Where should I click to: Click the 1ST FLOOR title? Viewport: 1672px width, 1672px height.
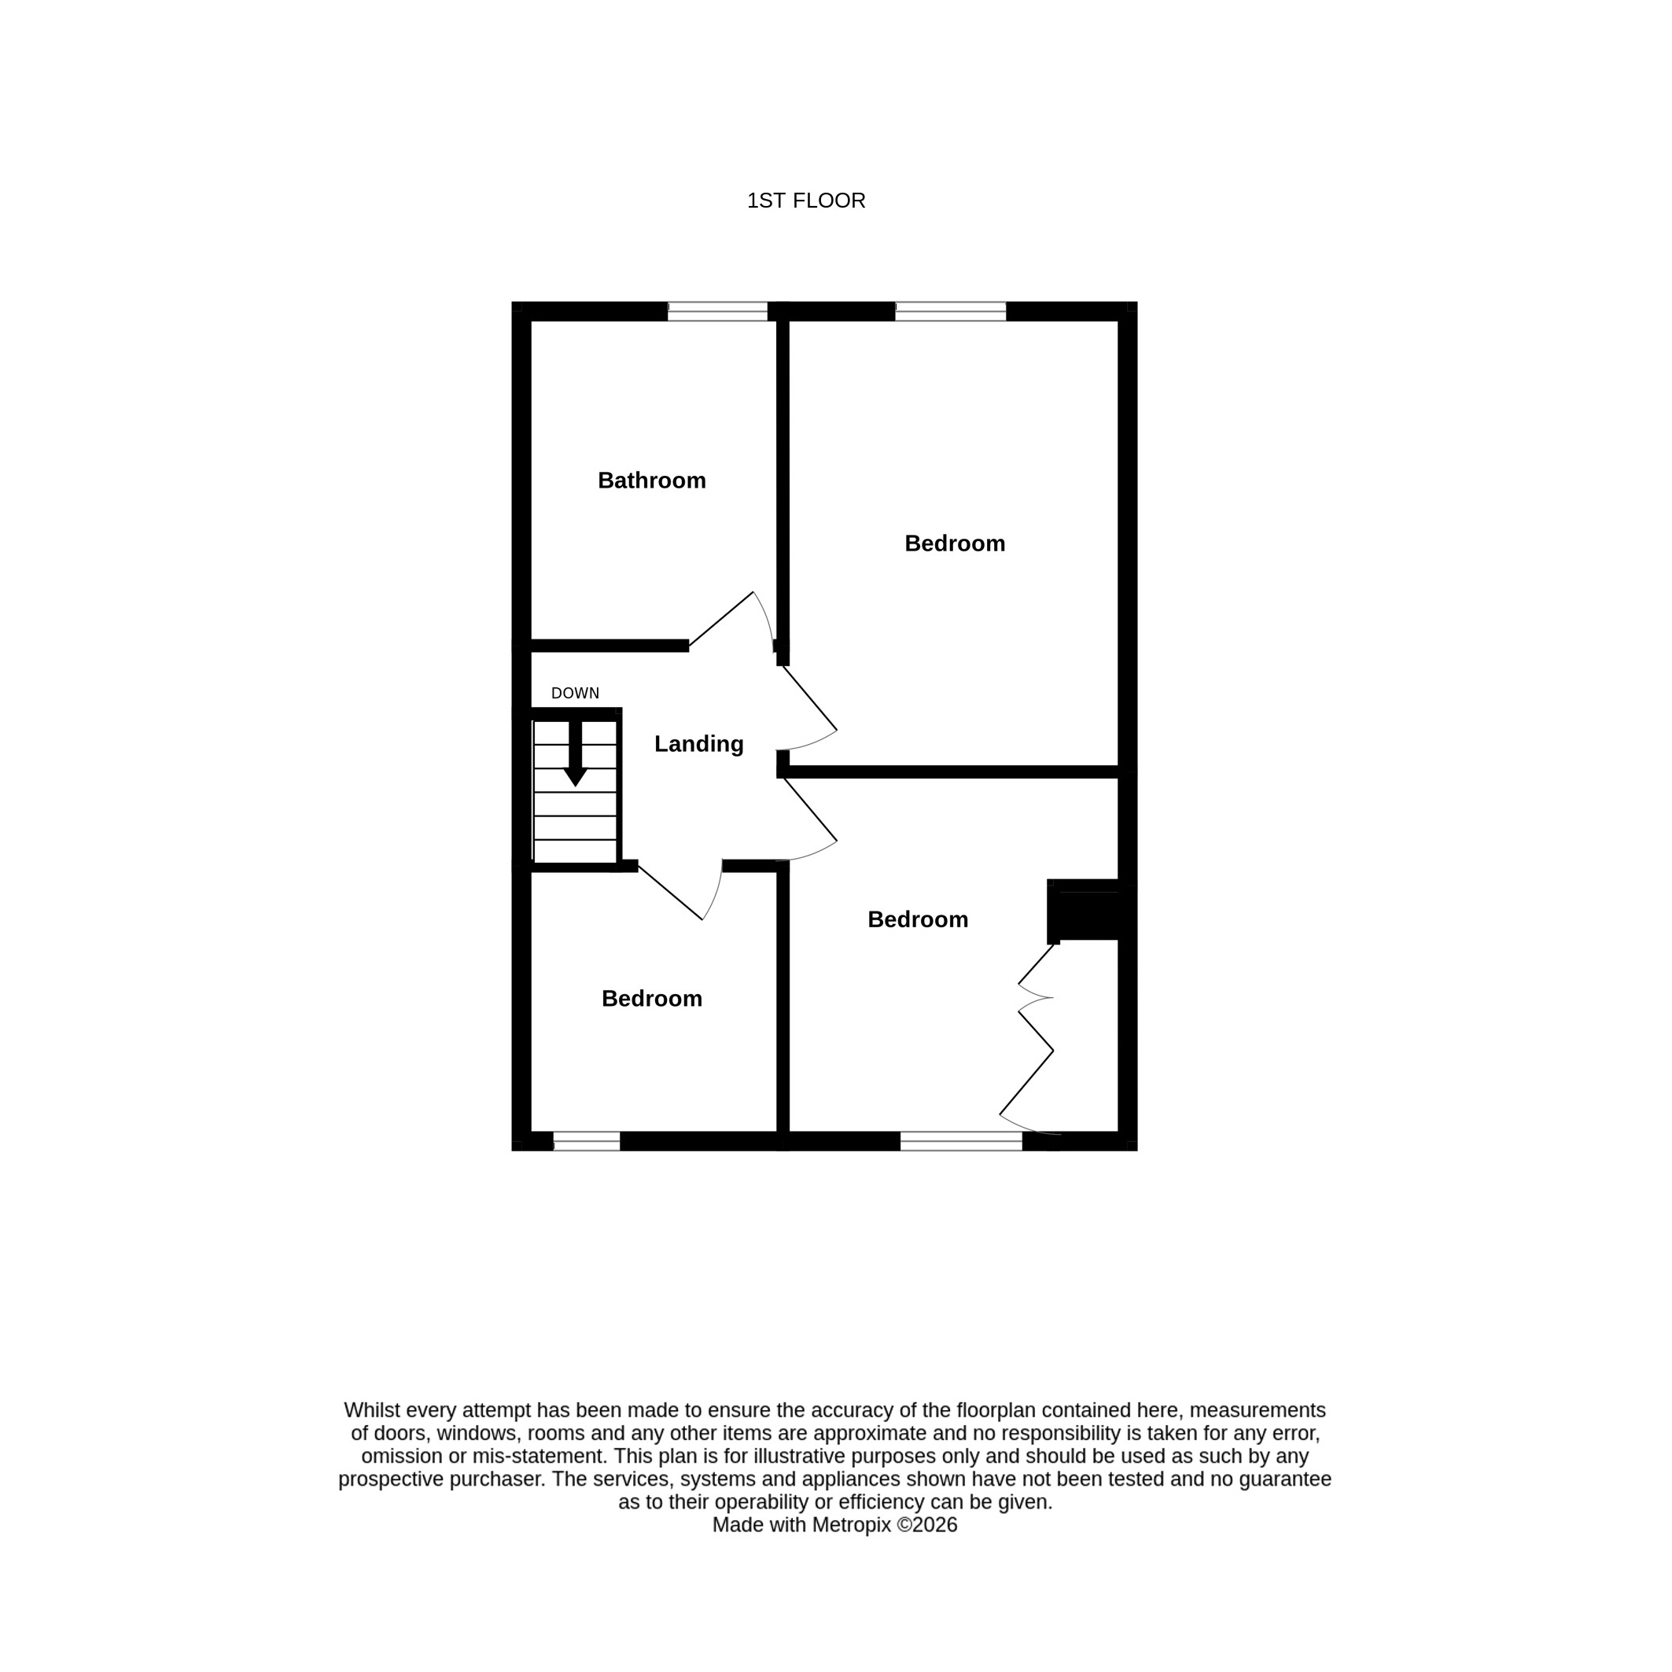[805, 201]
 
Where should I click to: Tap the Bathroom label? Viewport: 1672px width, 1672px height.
[652, 481]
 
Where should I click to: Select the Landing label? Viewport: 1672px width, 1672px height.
[698, 744]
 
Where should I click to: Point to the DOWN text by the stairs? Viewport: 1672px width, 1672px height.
[576, 693]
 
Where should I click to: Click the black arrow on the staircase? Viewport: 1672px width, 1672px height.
[576, 753]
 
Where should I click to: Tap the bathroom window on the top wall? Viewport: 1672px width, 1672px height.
[717, 311]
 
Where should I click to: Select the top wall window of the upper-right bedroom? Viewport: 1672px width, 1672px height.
[950, 311]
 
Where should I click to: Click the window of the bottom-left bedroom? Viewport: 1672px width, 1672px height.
[587, 1141]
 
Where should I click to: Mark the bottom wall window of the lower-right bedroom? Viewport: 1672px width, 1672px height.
[962, 1141]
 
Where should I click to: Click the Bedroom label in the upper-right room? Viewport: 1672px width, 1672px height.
[955, 543]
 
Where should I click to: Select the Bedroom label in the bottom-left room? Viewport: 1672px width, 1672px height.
[652, 999]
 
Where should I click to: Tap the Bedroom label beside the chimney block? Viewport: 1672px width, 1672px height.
[917, 919]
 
